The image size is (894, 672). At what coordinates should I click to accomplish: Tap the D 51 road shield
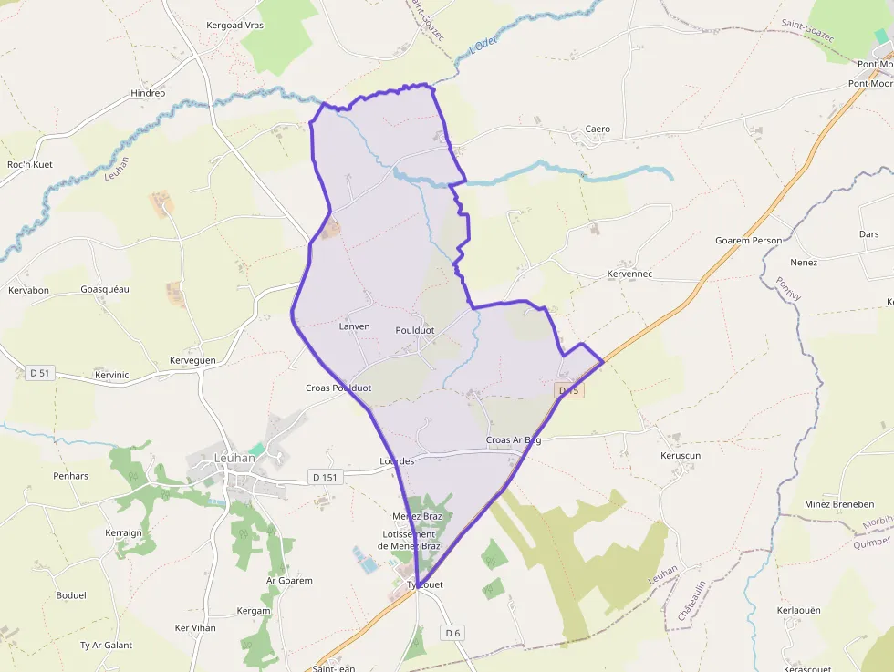[39, 372]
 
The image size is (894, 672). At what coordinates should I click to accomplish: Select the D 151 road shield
[324, 477]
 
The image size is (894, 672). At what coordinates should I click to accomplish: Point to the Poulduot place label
[415, 330]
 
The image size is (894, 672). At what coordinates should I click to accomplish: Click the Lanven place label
[354, 326]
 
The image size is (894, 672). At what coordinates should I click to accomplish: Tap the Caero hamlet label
[598, 129]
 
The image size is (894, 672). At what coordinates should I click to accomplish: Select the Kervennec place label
[632, 274]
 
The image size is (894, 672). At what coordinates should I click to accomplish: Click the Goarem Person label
[748, 241]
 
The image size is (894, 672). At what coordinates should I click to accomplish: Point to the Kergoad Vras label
[234, 26]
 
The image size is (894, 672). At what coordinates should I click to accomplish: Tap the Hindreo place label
[148, 93]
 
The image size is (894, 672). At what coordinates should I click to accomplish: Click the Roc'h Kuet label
[30, 165]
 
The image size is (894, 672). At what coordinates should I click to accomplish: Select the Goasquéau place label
[105, 289]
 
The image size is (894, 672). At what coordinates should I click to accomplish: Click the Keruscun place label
[680, 455]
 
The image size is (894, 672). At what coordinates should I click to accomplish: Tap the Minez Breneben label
[839, 504]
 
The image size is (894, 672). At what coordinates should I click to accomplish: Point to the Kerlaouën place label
[799, 610]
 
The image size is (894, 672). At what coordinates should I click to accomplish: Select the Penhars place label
[70, 476]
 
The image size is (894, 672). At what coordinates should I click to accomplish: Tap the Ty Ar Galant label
[106, 646]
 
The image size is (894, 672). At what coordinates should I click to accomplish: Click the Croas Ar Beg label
[514, 440]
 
